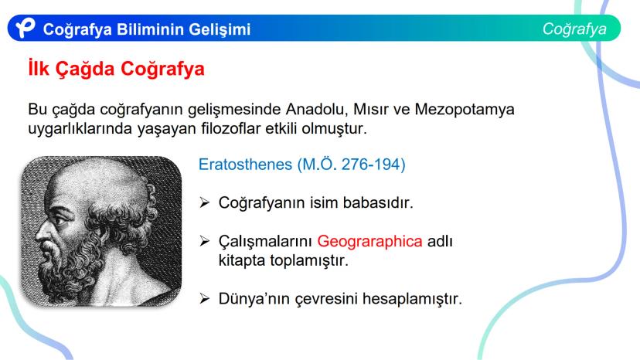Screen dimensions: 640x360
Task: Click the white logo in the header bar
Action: coord(26,28)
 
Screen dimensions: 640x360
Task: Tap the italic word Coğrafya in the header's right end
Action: coord(574,29)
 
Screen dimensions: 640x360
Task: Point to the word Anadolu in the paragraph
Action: coord(317,110)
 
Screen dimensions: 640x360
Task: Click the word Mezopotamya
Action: coord(465,110)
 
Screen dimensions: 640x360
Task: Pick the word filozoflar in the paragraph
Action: coord(231,128)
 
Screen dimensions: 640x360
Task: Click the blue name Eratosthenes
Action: coord(245,165)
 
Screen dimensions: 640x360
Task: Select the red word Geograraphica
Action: coord(369,242)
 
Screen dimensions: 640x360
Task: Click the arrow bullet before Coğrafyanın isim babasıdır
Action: coord(205,202)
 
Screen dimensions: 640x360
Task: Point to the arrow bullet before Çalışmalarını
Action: coord(205,241)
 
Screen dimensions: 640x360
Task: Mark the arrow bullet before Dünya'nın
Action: coord(205,298)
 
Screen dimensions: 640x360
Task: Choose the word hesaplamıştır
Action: coord(412,299)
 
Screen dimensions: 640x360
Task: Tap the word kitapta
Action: coord(242,260)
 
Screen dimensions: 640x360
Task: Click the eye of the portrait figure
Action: coord(61,222)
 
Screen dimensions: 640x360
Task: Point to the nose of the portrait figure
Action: coord(42,233)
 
